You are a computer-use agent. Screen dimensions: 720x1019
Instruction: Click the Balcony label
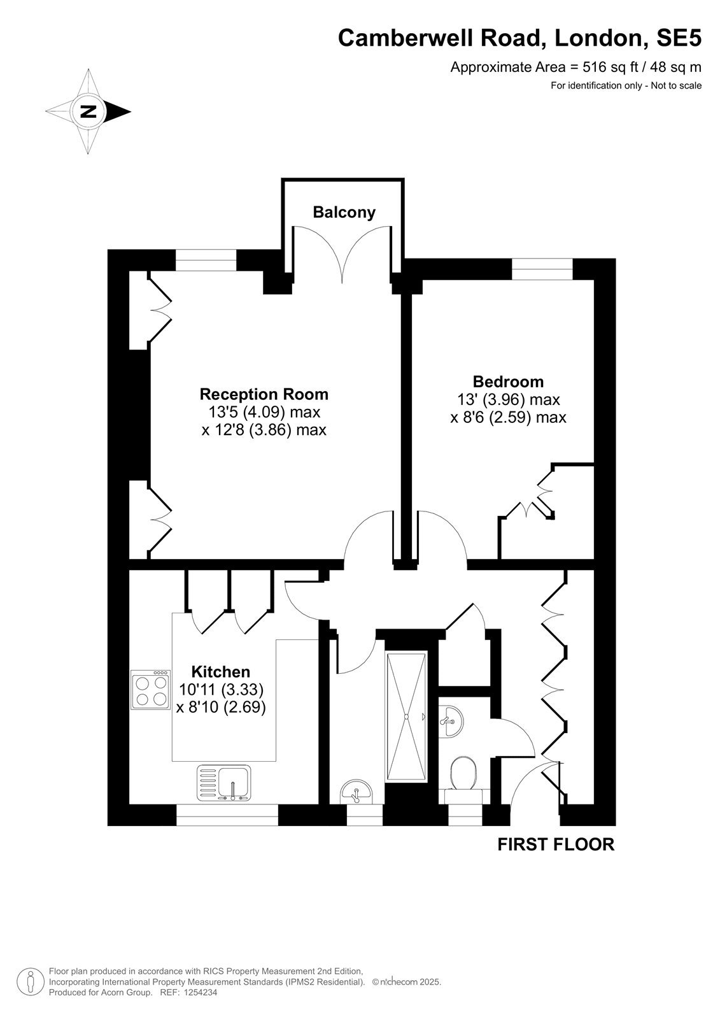coord(344,213)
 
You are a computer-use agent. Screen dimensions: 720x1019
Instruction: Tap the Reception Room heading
coord(264,394)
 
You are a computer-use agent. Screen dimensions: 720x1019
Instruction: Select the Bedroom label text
coord(508,381)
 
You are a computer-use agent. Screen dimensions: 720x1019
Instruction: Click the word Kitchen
coord(221,672)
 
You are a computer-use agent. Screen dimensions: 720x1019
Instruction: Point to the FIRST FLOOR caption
coord(556,844)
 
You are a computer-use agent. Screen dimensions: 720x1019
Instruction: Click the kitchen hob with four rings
coord(150,689)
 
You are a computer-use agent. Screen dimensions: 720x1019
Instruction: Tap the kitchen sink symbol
coord(224,783)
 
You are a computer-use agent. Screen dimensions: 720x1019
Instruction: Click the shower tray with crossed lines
coord(406,717)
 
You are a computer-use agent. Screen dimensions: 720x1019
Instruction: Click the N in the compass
coord(88,111)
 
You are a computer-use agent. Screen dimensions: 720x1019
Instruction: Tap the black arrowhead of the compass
coord(118,111)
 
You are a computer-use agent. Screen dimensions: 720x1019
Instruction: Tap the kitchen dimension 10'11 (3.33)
coord(221,690)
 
